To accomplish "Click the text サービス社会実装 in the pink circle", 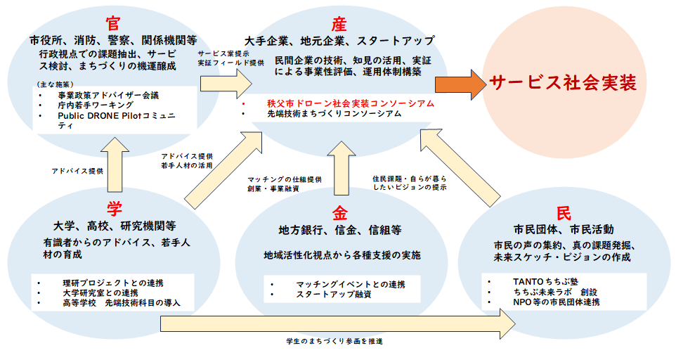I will [563, 83].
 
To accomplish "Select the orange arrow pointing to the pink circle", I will [460, 84].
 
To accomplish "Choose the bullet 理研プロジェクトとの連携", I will [105, 282].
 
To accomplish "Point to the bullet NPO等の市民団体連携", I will [556, 302].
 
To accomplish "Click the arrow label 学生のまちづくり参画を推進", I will [324, 341].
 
